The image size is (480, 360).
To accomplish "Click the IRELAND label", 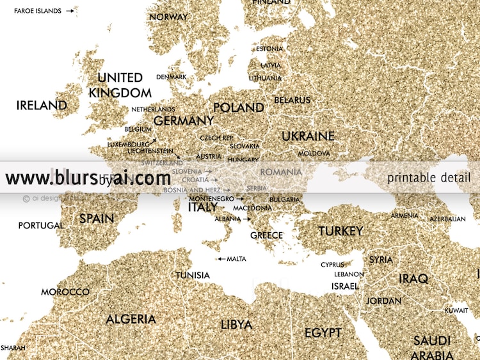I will [x=42, y=106].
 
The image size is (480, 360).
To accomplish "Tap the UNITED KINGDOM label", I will [x=120, y=85].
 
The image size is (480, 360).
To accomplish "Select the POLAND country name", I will [x=238, y=107].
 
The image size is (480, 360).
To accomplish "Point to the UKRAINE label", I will [x=308, y=136].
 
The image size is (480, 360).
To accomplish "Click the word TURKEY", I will [x=340, y=231].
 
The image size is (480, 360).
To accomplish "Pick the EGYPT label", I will [x=323, y=333].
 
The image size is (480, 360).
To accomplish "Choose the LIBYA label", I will [x=236, y=324].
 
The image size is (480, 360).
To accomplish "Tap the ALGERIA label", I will [x=131, y=319].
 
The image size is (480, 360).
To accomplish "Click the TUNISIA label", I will [x=193, y=275].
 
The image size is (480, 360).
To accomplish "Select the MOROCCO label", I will [x=65, y=292].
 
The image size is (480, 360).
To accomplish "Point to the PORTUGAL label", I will [x=41, y=226].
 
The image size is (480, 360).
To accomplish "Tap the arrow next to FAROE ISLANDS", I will [x=70, y=11].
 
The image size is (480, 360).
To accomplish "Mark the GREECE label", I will [x=266, y=235].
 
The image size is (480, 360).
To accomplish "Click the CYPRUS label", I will [x=332, y=265].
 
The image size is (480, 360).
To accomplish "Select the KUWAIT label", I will [x=456, y=310].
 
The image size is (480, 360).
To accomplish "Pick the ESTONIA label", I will [x=269, y=49].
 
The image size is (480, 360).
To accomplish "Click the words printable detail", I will [x=429, y=178].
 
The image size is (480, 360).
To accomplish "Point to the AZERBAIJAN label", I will [x=447, y=219].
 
